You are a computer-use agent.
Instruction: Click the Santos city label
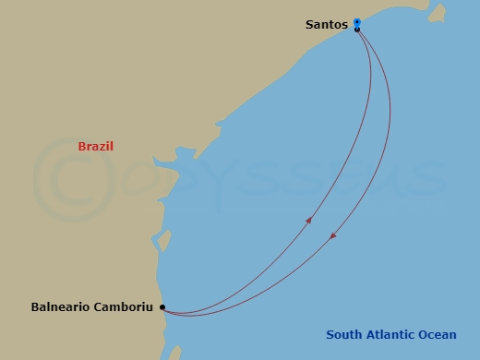point(326,25)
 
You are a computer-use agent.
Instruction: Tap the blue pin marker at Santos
point(356,22)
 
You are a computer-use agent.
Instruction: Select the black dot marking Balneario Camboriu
point(162,306)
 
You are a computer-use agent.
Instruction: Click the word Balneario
point(61,306)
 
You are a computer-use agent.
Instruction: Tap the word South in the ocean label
point(343,334)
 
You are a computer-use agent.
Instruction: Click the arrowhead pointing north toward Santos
point(308,219)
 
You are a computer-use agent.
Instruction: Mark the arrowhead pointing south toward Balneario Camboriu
point(333,236)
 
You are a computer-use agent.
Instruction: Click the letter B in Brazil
point(82,147)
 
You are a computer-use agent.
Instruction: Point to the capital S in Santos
point(309,25)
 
